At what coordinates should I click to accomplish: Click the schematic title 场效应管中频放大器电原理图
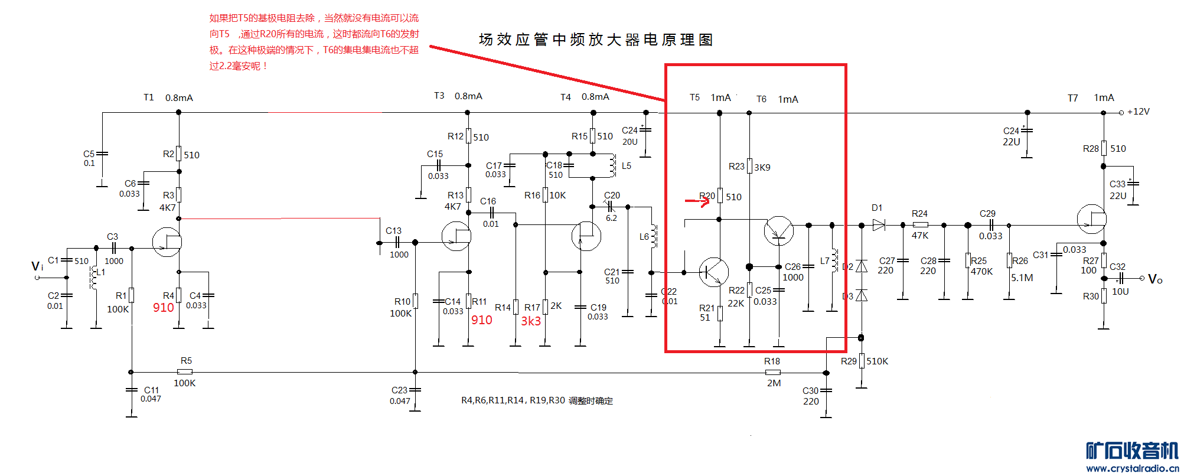[x=596, y=40]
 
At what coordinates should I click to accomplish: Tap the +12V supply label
[x=1138, y=112]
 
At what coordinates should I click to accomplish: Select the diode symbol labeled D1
[x=879, y=225]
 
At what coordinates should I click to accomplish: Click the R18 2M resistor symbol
[x=772, y=372]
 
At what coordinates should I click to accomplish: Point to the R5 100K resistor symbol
[x=185, y=372]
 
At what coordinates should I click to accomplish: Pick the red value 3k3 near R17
[x=530, y=321]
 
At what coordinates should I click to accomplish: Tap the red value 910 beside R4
[x=164, y=308]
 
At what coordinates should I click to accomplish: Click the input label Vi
[x=37, y=266]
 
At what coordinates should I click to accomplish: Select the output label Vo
[x=1155, y=279]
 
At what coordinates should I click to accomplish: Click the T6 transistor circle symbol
[x=778, y=231]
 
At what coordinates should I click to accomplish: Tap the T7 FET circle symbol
[x=1091, y=219]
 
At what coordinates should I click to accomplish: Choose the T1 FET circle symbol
[x=167, y=242]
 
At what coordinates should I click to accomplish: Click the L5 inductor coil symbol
[x=612, y=166]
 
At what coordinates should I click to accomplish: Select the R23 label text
[x=736, y=167]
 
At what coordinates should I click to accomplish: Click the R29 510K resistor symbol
[x=862, y=360]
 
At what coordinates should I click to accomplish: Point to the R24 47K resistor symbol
[x=920, y=225]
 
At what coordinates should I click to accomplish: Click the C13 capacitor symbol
[x=397, y=242]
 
